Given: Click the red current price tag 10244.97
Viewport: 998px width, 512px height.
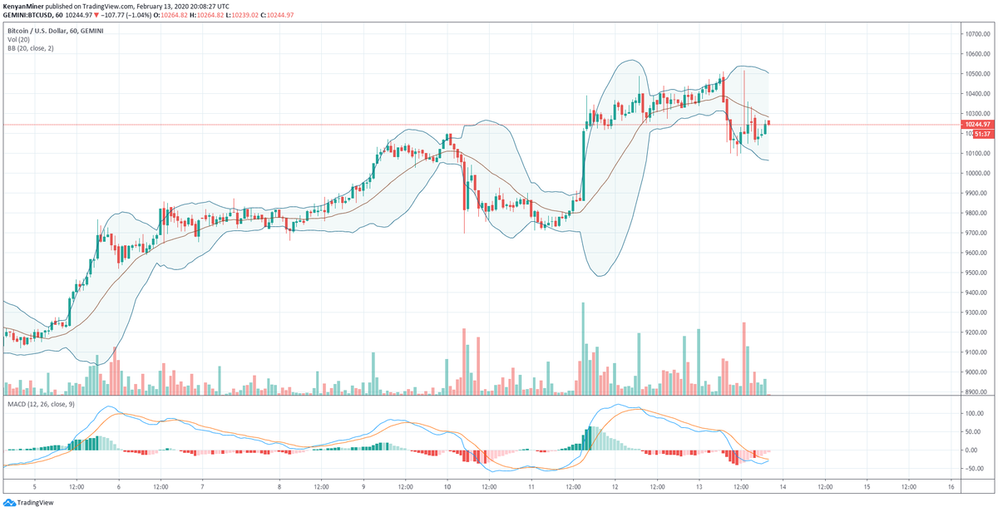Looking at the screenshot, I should pyautogui.click(x=976, y=124).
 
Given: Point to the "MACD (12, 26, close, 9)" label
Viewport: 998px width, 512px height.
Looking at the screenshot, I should pyautogui.click(x=42, y=403).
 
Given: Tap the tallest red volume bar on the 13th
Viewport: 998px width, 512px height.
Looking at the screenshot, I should pyautogui.click(x=744, y=358).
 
